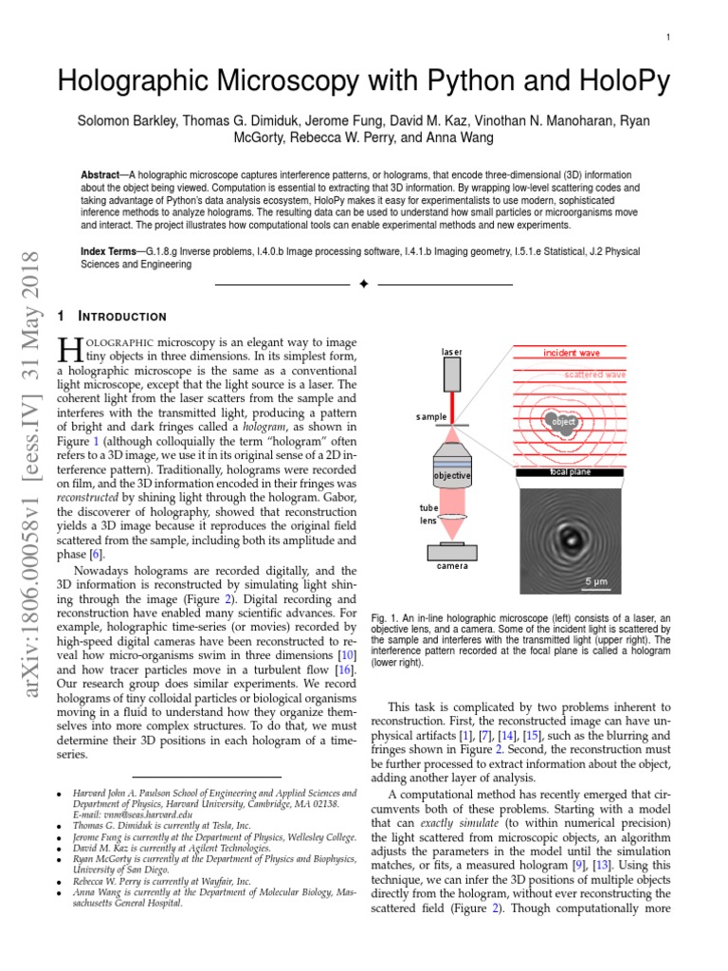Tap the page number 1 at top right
click(x=668, y=37)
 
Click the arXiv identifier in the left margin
click(x=28, y=474)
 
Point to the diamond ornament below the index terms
click(x=363, y=284)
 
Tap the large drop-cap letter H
click(x=69, y=351)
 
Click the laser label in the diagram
click(x=451, y=352)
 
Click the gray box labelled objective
click(x=452, y=474)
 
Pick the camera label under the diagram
click(x=451, y=565)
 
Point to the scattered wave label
click(x=595, y=375)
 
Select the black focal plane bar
click(x=570, y=471)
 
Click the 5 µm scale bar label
click(x=596, y=580)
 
